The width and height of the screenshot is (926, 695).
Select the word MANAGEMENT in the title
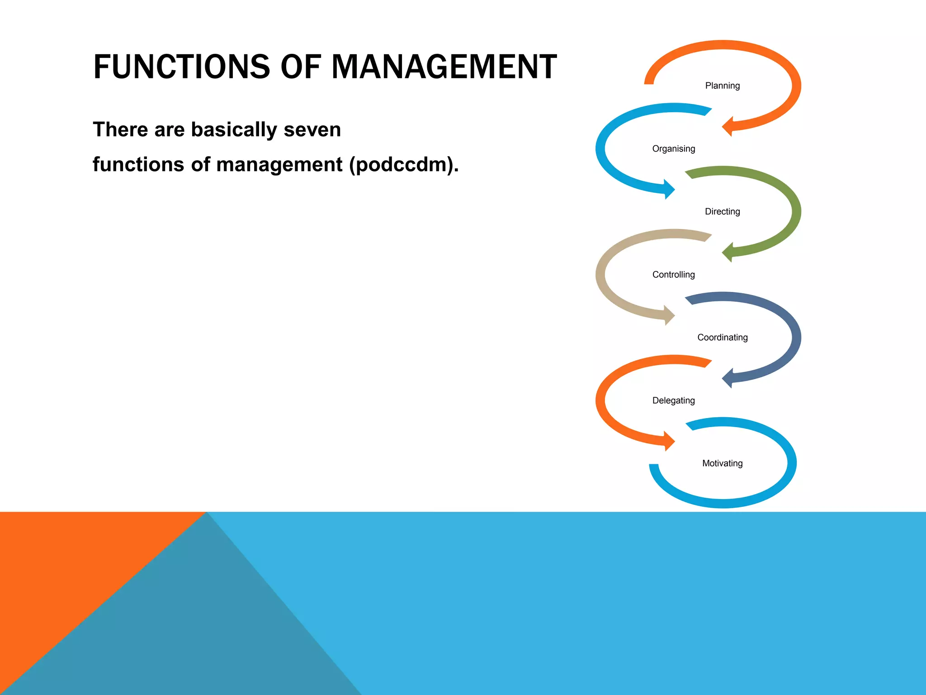click(444, 67)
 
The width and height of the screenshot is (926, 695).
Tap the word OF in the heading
click(301, 67)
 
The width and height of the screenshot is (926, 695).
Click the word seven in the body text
click(312, 130)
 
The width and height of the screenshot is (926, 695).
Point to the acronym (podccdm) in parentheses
click(404, 165)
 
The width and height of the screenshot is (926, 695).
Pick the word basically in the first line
click(234, 130)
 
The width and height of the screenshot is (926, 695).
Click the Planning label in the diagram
click(722, 86)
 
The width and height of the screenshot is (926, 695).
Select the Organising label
click(673, 149)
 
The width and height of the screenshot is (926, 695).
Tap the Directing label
click(722, 212)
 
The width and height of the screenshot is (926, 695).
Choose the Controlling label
click(673, 275)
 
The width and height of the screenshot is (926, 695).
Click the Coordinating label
click(722, 338)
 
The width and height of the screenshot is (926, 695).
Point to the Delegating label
click(673, 400)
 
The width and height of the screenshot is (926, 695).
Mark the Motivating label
click(722, 463)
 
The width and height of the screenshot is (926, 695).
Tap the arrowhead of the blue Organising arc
click(669, 189)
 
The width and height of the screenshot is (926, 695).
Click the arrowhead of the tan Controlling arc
click(669, 315)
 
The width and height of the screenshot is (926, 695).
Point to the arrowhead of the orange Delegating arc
click(669, 441)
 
